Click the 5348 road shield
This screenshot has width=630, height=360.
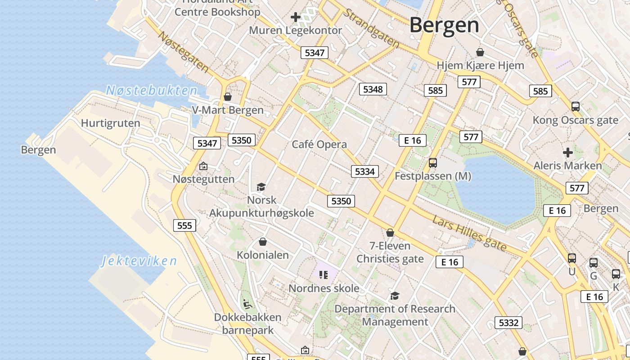pyautogui.click(x=373, y=89)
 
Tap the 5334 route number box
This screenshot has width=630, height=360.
pyautogui.click(x=364, y=171)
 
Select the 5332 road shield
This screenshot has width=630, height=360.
pyautogui.click(x=509, y=323)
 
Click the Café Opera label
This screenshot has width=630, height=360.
pyautogui.click(x=319, y=144)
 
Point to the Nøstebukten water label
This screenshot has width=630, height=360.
pyautogui.click(x=152, y=90)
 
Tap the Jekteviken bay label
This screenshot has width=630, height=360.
pyautogui.click(x=139, y=261)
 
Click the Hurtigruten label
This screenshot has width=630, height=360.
pyautogui.click(x=110, y=123)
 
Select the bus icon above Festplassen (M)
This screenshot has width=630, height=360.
pyautogui.click(x=433, y=162)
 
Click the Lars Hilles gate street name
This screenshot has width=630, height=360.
pyautogui.click(x=469, y=233)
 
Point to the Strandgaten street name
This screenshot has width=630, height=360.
pyautogui.click(x=372, y=28)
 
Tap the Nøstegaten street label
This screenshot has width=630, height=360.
pyautogui.click(x=184, y=52)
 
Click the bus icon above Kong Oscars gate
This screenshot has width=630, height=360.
pyautogui.click(x=575, y=107)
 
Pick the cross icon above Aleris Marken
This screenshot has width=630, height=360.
pyautogui.click(x=568, y=152)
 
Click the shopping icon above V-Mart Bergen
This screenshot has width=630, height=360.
pyautogui.click(x=228, y=97)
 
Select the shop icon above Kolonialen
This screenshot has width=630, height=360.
pyautogui.click(x=263, y=242)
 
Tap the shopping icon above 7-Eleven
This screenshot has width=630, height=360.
pyautogui.click(x=390, y=233)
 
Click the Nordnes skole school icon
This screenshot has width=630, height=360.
pyautogui.click(x=323, y=274)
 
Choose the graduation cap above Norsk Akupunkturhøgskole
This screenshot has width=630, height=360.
pyautogui.click(x=261, y=186)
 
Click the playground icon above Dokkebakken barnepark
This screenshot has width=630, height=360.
pyautogui.click(x=247, y=304)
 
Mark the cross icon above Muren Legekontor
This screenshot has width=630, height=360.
pyautogui.click(x=295, y=17)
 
